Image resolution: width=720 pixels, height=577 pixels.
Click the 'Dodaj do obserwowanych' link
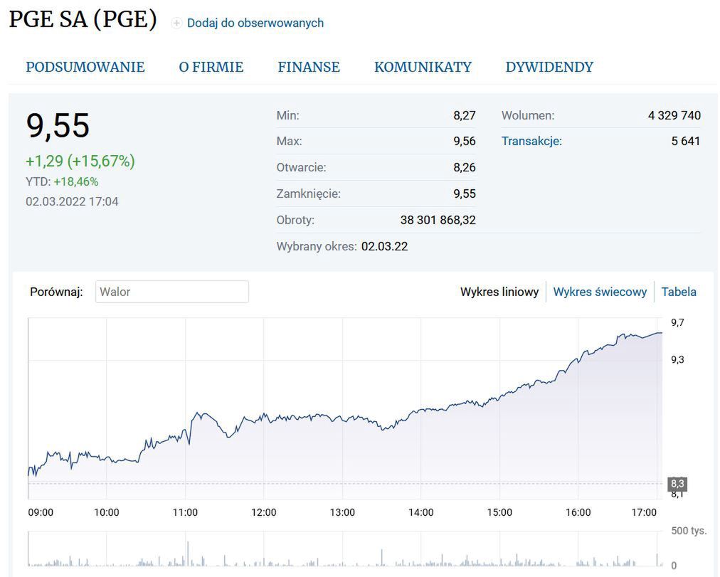[x=255, y=23]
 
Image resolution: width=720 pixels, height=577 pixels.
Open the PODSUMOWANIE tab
[x=85, y=67]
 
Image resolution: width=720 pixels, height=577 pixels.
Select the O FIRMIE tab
[x=211, y=67]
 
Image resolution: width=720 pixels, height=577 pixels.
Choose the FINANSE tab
[x=309, y=67]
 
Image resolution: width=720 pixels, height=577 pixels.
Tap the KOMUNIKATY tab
[x=423, y=67]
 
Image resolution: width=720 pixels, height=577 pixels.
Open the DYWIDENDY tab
[x=549, y=67]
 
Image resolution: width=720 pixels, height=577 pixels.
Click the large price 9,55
[x=58, y=126]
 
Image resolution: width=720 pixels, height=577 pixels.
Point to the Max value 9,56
[x=464, y=141]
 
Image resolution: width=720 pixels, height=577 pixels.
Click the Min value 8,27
[x=464, y=115]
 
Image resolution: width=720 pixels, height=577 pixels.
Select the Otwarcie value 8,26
[x=464, y=167]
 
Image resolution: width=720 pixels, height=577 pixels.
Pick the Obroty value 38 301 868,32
[x=438, y=220]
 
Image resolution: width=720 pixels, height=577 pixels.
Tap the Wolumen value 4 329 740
[x=674, y=115]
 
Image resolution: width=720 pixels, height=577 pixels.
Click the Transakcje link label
[x=531, y=141]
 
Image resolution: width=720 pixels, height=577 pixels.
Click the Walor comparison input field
[x=172, y=292]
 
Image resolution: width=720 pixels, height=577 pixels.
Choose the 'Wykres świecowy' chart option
[x=600, y=292]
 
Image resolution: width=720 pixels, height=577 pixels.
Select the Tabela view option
[x=679, y=292]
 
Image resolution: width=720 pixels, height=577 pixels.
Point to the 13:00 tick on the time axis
[x=342, y=512]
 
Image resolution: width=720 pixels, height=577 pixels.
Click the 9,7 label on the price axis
[x=677, y=322]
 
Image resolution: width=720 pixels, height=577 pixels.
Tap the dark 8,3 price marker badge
[x=677, y=484]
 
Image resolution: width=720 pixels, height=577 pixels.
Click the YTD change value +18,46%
[x=76, y=181]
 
